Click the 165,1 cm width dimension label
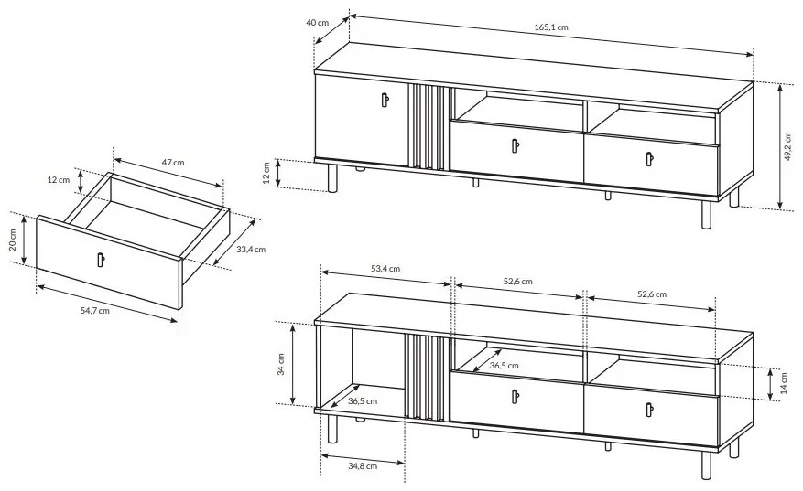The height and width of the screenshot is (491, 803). coord(551,27)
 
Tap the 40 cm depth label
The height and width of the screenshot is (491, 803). coord(318,23)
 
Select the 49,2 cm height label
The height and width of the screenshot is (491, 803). coord(788,147)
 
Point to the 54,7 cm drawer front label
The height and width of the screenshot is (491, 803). coord(94,311)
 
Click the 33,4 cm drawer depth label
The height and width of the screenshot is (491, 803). coord(251,250)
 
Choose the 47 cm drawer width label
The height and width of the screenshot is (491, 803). coord(173,163)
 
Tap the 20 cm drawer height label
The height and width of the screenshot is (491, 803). coord(14,239)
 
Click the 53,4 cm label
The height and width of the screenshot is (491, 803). coord(385,269)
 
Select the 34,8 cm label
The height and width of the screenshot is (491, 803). coord(363,466)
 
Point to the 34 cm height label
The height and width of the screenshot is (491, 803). coord(281,364)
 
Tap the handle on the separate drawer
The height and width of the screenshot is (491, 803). coord(101,260)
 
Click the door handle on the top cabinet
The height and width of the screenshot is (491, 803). coord(385,100)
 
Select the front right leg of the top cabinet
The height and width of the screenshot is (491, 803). coord(707,215)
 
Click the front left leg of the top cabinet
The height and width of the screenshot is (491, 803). coord(333,178)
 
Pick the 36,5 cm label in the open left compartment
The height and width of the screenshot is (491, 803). coord(363,401)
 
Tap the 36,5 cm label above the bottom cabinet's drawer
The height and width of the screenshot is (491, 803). coord(505,366)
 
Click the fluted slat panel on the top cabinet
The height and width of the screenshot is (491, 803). coord(429,127)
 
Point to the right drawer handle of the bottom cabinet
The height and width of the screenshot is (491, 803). coord(649,411)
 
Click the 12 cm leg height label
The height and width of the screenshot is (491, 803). coord(266,173)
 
